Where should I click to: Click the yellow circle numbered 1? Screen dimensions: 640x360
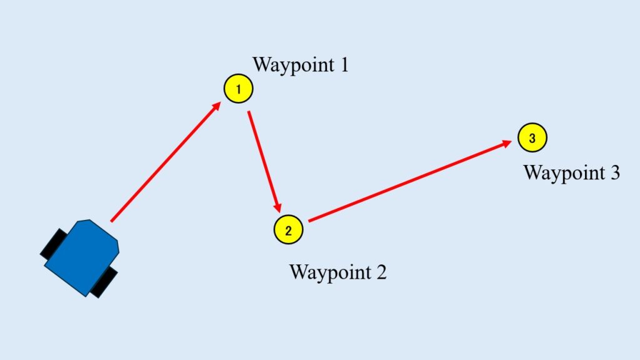tap(238, 89)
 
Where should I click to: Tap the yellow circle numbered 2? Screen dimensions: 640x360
tap(288, 229)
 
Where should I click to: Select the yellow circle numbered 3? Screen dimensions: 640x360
tap(532, 137)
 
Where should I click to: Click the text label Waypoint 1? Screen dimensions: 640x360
tap(301, 65)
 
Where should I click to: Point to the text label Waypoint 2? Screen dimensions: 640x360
tap(337, 272)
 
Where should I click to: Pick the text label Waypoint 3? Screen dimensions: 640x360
tap(571, 173)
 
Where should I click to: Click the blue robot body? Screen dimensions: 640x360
tap(82, 257)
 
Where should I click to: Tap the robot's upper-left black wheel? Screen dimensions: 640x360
tap(54, 243)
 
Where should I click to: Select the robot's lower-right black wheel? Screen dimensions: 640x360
tap(104, 283)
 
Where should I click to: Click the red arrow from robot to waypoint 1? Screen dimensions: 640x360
tap(166, 162)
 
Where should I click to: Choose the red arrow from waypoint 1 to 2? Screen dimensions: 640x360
tap(264, 162)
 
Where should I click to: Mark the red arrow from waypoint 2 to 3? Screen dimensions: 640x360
tap(410, 181)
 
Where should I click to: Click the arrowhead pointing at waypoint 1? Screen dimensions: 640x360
tap(216, 106)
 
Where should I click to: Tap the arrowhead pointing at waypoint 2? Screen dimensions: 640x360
tap(278, 207)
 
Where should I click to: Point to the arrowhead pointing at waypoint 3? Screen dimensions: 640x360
tap(507, 144)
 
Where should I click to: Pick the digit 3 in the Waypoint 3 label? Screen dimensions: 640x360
tap(615, 172)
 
